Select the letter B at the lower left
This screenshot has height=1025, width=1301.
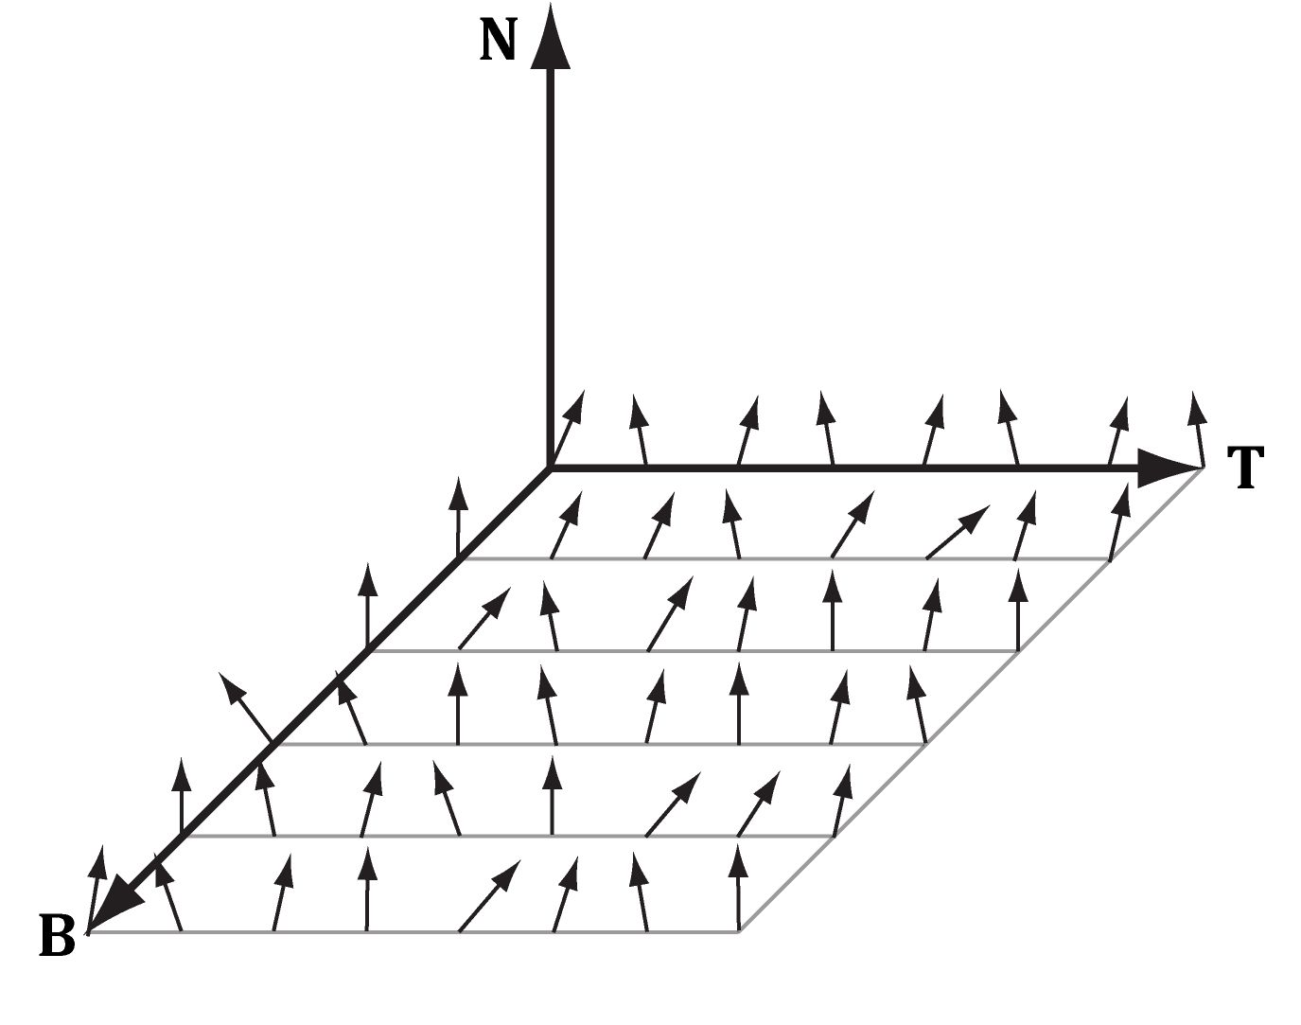58,936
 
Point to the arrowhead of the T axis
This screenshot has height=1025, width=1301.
1169,468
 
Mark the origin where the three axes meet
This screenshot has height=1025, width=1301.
550,468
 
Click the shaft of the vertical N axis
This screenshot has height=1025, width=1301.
550,266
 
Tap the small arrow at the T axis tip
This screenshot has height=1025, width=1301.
1198,429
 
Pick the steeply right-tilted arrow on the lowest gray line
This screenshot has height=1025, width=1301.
489,895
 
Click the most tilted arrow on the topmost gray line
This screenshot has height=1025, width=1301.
958,532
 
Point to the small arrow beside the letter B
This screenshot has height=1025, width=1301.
97,890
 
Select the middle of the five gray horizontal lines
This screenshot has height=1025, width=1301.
599,745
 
